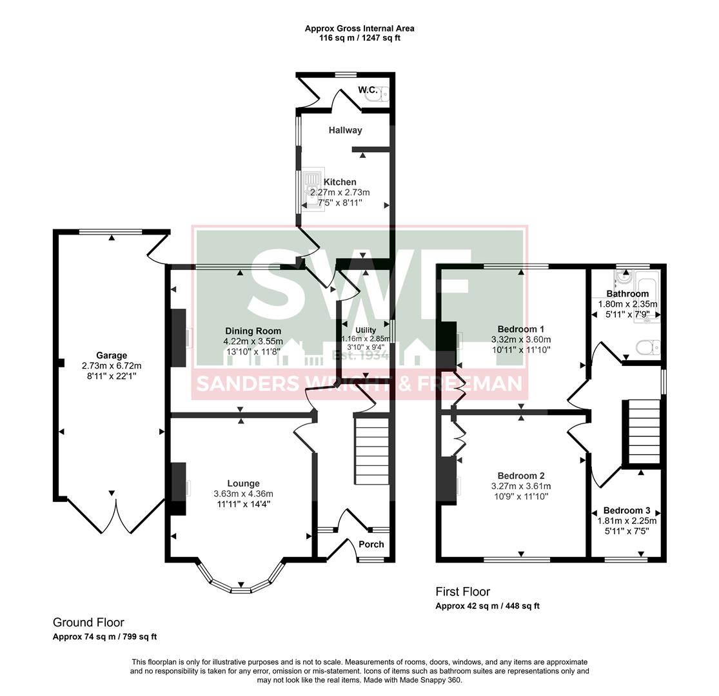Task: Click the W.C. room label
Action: pos(368,90)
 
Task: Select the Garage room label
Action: pos(112,355)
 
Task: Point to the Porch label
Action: pos(371,544)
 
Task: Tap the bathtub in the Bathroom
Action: pos(647,296)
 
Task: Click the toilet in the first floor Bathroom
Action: pos(646,348)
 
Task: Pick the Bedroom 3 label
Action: pos(627,510)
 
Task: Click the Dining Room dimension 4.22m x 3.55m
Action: pos(253,342)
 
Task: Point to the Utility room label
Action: pos(366,330)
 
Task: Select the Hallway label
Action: pos(345,130)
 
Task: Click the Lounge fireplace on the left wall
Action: pos(179,488)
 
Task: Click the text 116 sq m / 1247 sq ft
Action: pos(359,38)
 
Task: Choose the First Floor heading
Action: pos(462,592)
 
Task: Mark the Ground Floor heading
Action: pos(88,623)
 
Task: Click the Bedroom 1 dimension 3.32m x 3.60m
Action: pos(520,340)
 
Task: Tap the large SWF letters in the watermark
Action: pos(359,293)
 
